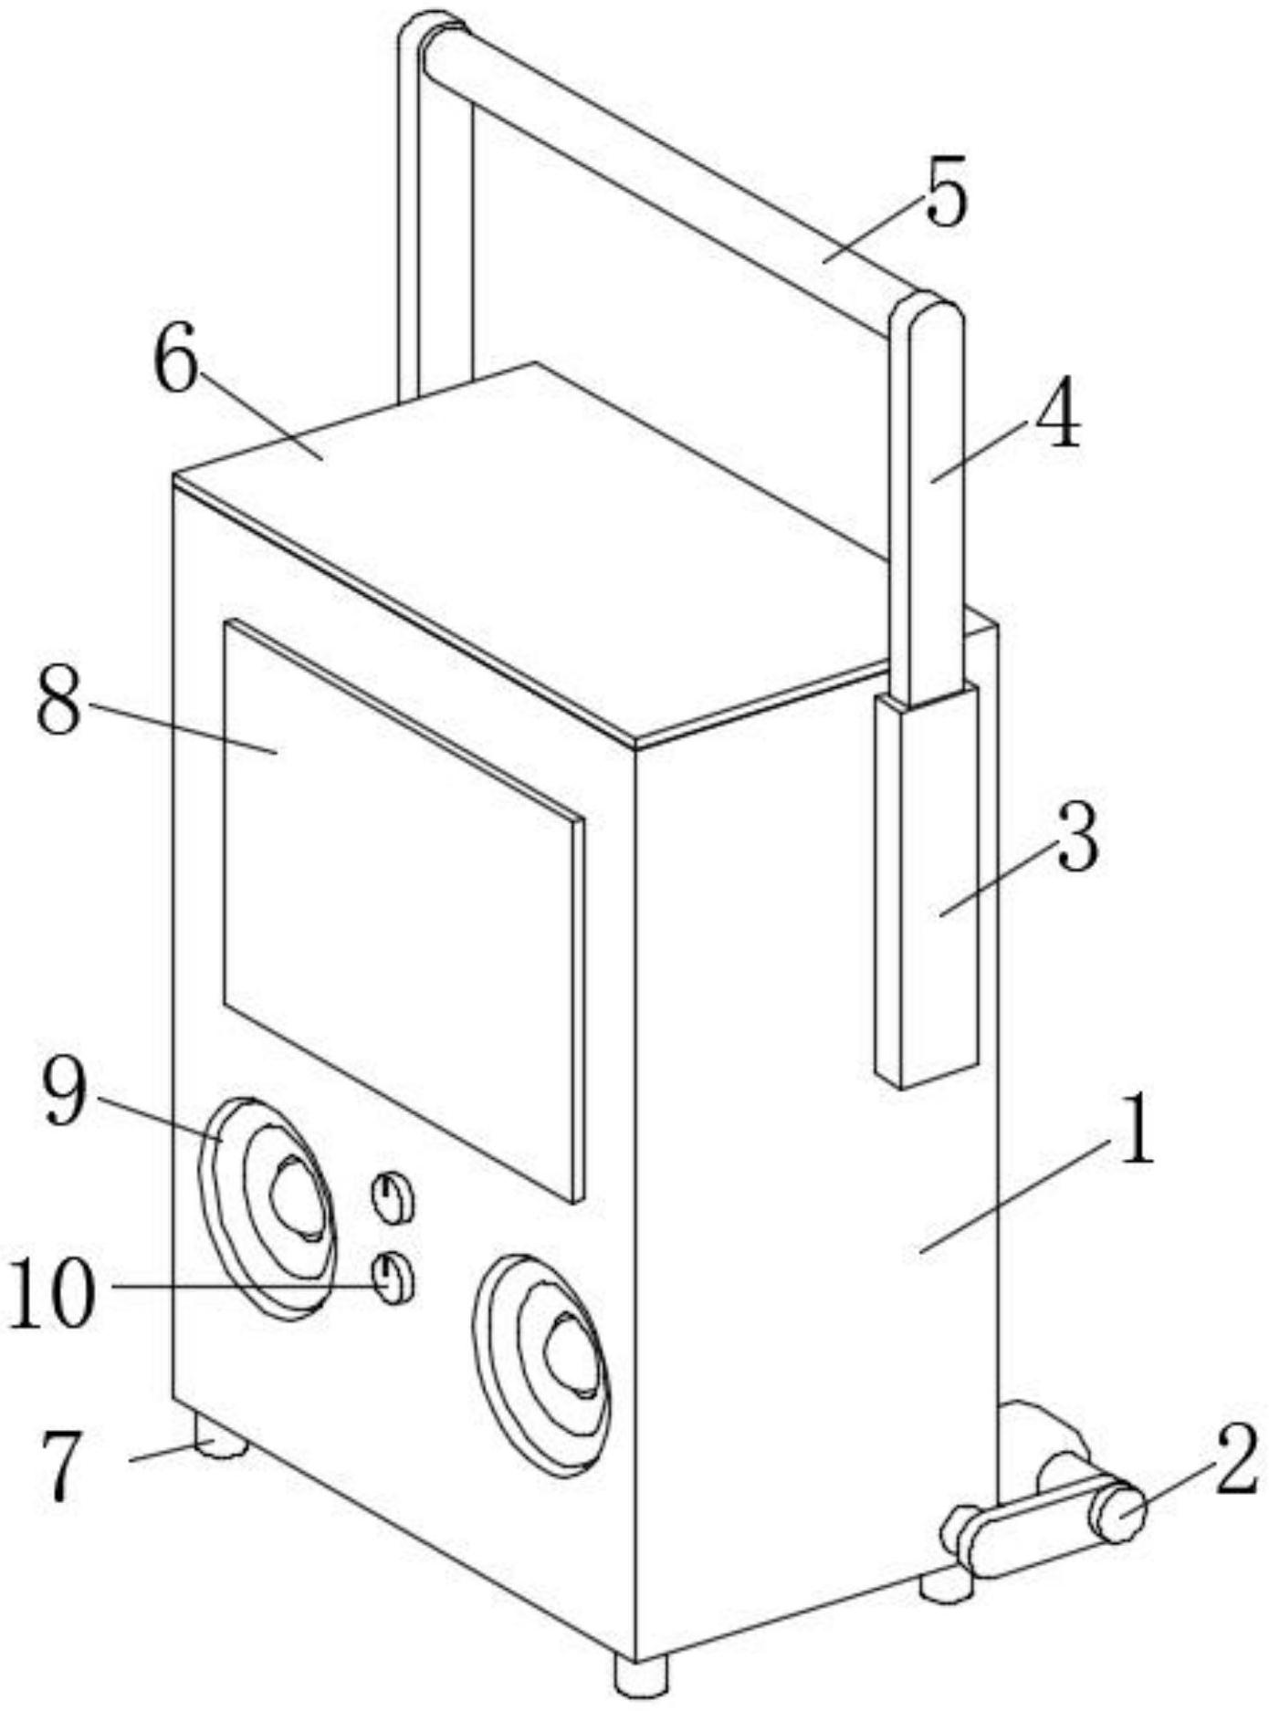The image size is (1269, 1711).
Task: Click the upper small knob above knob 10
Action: point(393,1197)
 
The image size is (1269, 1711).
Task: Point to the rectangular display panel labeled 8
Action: point(402,903)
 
